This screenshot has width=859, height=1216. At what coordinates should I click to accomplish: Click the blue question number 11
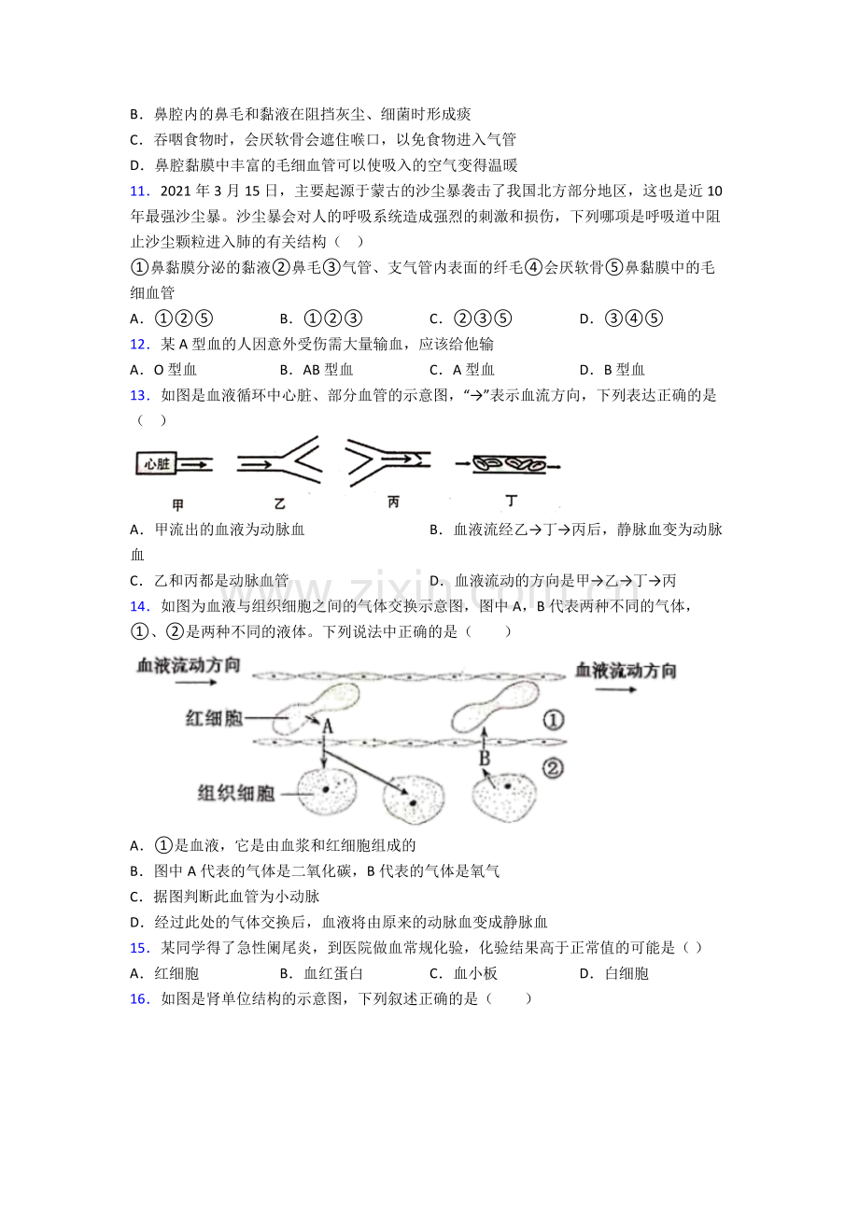(x=139, y=191)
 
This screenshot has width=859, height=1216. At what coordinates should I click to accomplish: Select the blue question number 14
(x=139, y=606)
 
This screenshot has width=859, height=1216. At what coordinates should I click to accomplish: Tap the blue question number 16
(x=139, y=999)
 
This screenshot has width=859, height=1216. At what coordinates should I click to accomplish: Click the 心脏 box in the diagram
(x=156, y=464)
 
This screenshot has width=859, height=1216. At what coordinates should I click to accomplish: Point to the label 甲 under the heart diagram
(x=177, y=505)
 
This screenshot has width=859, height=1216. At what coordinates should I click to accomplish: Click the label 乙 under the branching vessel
(x=279, y=503)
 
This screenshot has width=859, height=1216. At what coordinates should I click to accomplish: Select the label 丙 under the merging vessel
(x=393, y=502)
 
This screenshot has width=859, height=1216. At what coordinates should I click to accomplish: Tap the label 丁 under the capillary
(x=511, y=501)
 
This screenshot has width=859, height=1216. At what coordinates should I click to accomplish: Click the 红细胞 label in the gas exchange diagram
(x=214, y=718)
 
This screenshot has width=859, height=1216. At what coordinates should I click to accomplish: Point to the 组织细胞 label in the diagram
(x=236, y=794)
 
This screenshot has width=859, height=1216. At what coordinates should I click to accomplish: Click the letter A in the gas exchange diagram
(x=327, y=726)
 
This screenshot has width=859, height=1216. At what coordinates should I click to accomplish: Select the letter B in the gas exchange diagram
(x=485, y=757)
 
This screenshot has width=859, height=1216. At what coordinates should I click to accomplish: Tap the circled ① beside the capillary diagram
(x=553, y=720)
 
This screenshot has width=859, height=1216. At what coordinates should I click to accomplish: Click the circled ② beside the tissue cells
(x=553, y=768)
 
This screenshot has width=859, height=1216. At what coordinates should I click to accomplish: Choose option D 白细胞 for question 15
(x=614, y=973)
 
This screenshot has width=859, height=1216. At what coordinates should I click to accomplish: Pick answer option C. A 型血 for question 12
(x=462, y=370)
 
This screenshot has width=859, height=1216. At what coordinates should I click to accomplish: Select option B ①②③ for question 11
(x=321, y=318)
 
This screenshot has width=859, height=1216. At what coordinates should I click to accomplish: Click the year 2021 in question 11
(x=176, y=191)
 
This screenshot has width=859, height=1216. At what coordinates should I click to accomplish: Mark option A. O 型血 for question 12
(x=163, y=370)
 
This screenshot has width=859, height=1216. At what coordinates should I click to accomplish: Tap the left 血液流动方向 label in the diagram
(x=189, y=666)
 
